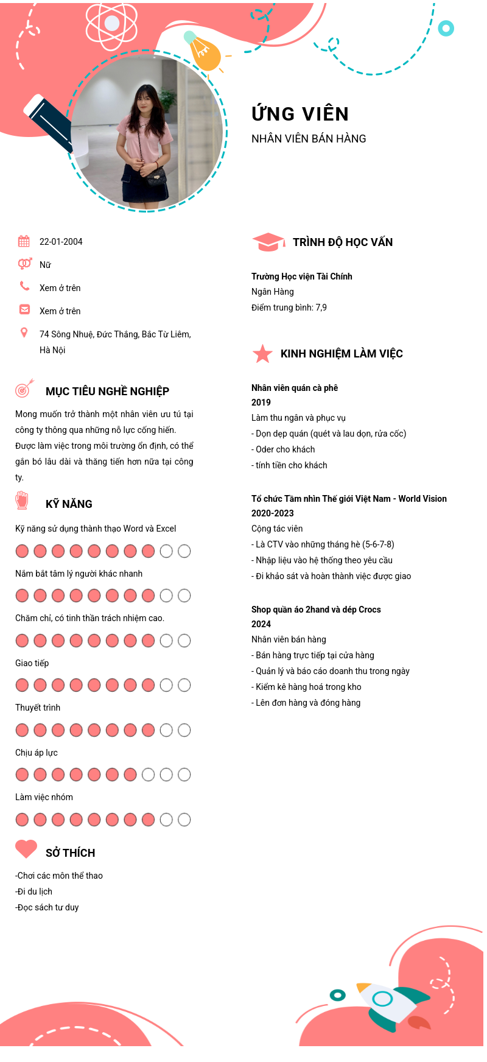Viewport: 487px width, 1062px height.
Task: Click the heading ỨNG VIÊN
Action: [x=300, y=114]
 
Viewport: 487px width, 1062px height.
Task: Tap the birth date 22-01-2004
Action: [x=61, y=242]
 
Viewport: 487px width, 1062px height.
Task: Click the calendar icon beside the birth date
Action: [x=24, y=241]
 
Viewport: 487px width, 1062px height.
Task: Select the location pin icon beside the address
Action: [x=24, y=332]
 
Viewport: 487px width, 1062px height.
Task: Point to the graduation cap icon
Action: [x=268, y=242]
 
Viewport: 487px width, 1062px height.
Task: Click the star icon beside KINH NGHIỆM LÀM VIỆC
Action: [x=262, y=354]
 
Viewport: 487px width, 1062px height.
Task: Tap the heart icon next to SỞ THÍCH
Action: [x=26, y=849]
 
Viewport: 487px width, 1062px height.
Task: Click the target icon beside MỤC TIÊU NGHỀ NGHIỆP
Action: [x=24, y=389]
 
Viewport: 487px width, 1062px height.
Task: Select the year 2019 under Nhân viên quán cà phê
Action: [x=261, y=403]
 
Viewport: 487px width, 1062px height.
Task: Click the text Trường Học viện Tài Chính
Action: [x=302, y=276]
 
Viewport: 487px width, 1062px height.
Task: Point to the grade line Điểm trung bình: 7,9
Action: [x=289, y=308]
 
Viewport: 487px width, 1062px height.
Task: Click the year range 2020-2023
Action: [x=273, y=513]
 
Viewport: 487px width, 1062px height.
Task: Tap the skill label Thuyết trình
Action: [x=38, y=708]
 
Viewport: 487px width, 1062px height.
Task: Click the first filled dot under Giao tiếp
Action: [x=22, y=685]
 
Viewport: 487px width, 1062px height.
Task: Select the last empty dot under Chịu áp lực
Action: [x=184, y=775]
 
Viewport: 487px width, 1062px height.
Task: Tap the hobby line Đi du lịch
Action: [x=35, y=891]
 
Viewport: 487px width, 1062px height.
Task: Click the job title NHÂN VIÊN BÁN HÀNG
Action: [x=309, y=139]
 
